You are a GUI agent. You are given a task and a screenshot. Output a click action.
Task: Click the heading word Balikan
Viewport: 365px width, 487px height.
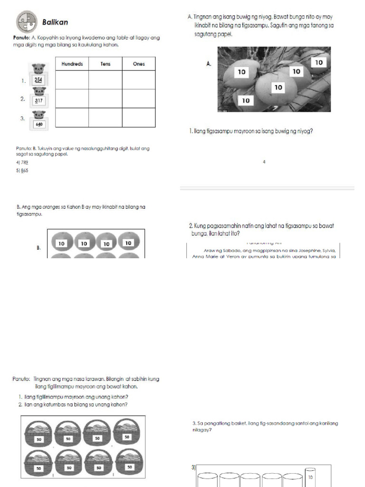[x=55, y=22]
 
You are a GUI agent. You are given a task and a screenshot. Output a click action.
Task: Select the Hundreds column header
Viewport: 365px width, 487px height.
[x=72, y=64]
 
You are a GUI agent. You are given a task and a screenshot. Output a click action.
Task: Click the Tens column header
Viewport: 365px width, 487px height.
[x=105, y=64]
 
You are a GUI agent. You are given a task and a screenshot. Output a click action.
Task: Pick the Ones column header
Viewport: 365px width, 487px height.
[x=139, y=64]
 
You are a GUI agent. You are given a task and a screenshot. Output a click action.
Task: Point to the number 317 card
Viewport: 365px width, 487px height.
[x=38, y=101]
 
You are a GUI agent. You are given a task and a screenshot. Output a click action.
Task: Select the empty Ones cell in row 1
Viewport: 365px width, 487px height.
[x=139, y=79]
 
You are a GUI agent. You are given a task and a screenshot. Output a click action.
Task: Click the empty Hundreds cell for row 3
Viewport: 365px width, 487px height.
[x=72, y=117]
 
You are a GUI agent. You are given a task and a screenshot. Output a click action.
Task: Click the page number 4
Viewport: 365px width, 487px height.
[x=264, y=162]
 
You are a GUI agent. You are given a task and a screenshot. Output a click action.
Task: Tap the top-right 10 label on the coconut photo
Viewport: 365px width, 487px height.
[x=318, y=62]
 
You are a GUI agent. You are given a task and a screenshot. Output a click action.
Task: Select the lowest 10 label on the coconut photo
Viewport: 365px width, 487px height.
[x=245, y=100]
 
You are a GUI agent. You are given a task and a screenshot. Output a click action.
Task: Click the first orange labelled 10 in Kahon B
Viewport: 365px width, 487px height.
[x=61, y=243]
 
